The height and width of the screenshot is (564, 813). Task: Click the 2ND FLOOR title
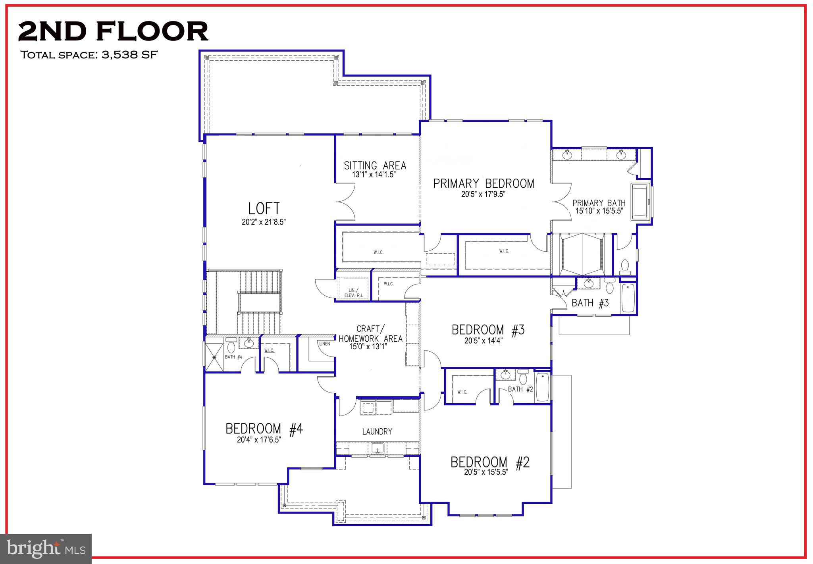click(113, 31)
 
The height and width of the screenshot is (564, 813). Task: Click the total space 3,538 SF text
click(89, 54)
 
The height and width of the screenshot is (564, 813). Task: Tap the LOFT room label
click(264, 208)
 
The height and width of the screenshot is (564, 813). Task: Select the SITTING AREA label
click(375, 165)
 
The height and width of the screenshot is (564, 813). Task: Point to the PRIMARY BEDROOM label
click(484, 183)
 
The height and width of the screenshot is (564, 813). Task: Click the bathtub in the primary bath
click(641, 202)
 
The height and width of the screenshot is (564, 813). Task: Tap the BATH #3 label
click(590, 303)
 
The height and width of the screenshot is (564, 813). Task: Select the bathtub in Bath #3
click(628, 298)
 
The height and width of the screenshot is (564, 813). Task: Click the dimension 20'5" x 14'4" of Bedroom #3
click(484, 341)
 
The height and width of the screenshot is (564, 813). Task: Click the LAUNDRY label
click(377, 431)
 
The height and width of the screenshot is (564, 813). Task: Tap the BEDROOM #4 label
click(264, 429)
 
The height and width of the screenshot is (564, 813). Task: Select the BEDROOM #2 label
click(490, 462)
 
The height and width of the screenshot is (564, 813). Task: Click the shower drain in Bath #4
click(214, 357)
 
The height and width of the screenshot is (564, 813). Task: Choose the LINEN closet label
click(324, 344)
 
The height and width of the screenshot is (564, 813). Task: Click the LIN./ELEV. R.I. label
click(352, 293)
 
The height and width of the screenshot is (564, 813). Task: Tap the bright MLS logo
click(46, 549)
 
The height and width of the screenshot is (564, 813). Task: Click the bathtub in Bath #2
click(542, 387)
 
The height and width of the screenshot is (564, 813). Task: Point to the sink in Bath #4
click(250, 343)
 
